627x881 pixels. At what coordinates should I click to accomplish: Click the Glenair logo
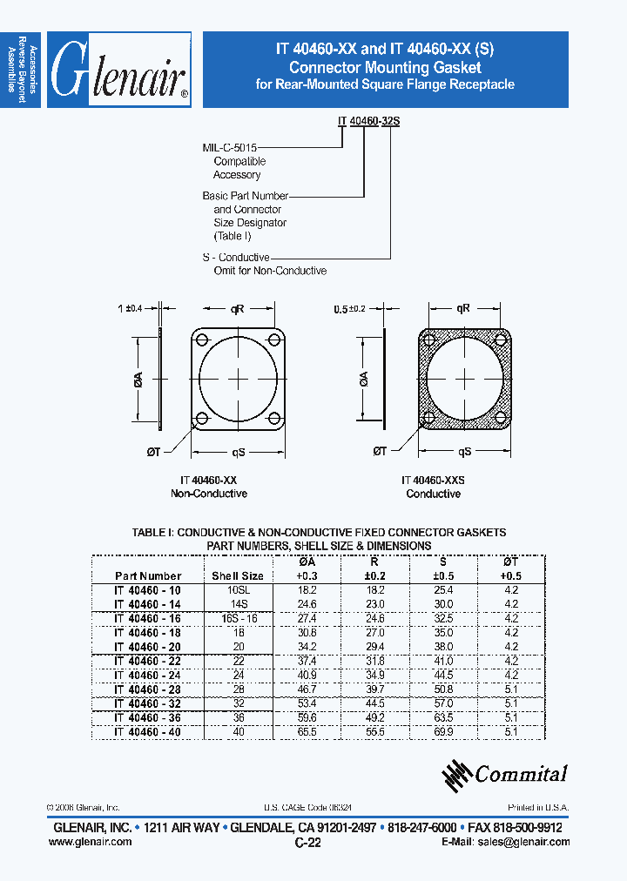pos(119,71)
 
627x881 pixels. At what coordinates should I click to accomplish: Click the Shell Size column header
pos(238,576)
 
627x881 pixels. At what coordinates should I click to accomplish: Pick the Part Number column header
pos(148,576)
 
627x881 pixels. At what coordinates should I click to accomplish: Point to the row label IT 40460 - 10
pos(148,590)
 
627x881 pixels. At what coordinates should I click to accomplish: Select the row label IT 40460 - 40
pos(148,732)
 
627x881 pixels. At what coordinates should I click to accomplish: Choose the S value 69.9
pos(444,732)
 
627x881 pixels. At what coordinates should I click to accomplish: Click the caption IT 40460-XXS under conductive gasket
pos(433,481)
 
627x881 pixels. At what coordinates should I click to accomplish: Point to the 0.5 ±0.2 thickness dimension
pos(353,309)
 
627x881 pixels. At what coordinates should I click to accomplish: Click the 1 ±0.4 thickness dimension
pos(129,307)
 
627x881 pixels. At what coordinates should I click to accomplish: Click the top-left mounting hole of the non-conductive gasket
pos(201,340)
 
